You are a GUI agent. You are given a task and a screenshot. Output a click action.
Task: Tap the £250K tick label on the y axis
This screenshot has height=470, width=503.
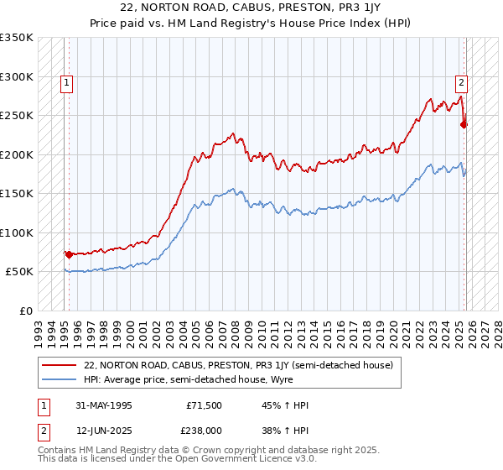17,116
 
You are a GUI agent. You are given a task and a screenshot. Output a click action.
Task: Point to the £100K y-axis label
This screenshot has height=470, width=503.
17,232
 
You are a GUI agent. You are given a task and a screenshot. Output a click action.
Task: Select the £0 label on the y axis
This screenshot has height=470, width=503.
25,311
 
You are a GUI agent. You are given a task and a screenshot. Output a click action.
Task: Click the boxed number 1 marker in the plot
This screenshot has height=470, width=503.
66,82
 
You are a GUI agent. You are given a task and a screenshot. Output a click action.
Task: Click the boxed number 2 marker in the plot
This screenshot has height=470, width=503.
461,82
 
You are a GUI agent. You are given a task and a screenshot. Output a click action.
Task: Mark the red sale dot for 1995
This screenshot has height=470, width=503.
69,254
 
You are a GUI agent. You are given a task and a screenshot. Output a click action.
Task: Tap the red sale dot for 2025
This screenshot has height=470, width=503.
464,125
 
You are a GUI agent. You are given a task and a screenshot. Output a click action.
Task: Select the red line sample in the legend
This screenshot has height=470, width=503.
60,364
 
